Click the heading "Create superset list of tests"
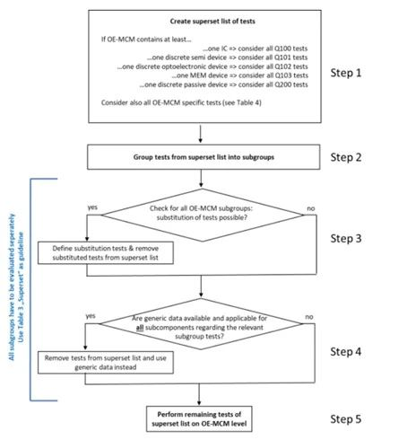tap(212, 22)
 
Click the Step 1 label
tap(346, 73)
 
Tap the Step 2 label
tap(346, 157)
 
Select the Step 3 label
tap(346, 239)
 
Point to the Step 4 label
tap(346, 351)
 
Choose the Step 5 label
tap(346, 419)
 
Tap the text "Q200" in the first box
tap(282, 84)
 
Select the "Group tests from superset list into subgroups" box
tap(203, 157)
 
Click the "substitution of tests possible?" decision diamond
tap(203, 215)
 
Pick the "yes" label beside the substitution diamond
tap(92, 207)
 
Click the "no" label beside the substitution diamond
tap(311, 208)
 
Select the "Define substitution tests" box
tap(106, 253)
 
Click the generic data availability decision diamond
tap(201, 324)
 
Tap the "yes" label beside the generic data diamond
tap(91, 316)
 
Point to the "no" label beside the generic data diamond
tap(309, 317)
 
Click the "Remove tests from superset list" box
tap(106, 363)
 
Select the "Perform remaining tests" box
tap(199, 419)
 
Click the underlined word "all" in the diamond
tap(140, 328)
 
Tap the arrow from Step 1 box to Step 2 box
tap(201, 134)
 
